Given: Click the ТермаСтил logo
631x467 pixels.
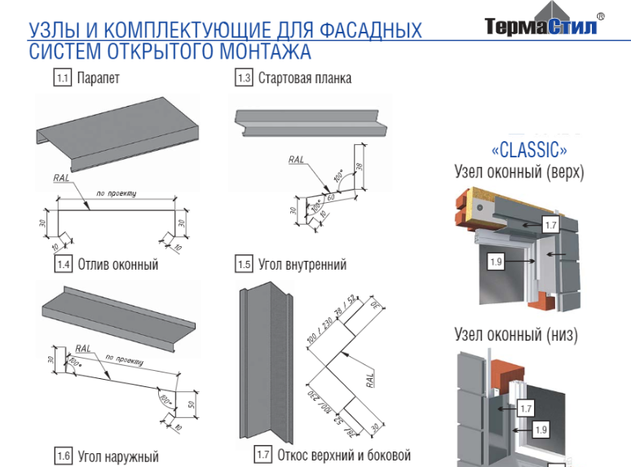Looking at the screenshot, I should coord(541,25).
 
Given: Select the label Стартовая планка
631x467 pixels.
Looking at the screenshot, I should coord(305,79).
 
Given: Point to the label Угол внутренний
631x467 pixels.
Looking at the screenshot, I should coord(302,264).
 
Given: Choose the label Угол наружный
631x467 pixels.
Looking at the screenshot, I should coord(118,456).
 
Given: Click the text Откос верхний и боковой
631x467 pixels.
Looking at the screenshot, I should coord(344,455).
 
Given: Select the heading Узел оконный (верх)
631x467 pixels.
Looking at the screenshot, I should coord(519,172).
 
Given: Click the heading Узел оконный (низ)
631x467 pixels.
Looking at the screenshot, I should coord(516,335).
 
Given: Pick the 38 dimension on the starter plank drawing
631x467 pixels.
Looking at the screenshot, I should coord(360,161).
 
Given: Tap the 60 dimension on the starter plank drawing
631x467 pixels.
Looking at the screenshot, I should coord(332,196).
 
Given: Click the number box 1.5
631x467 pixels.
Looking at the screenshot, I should coord(243,264).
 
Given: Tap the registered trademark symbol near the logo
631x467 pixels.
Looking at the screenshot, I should coord(601,15).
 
